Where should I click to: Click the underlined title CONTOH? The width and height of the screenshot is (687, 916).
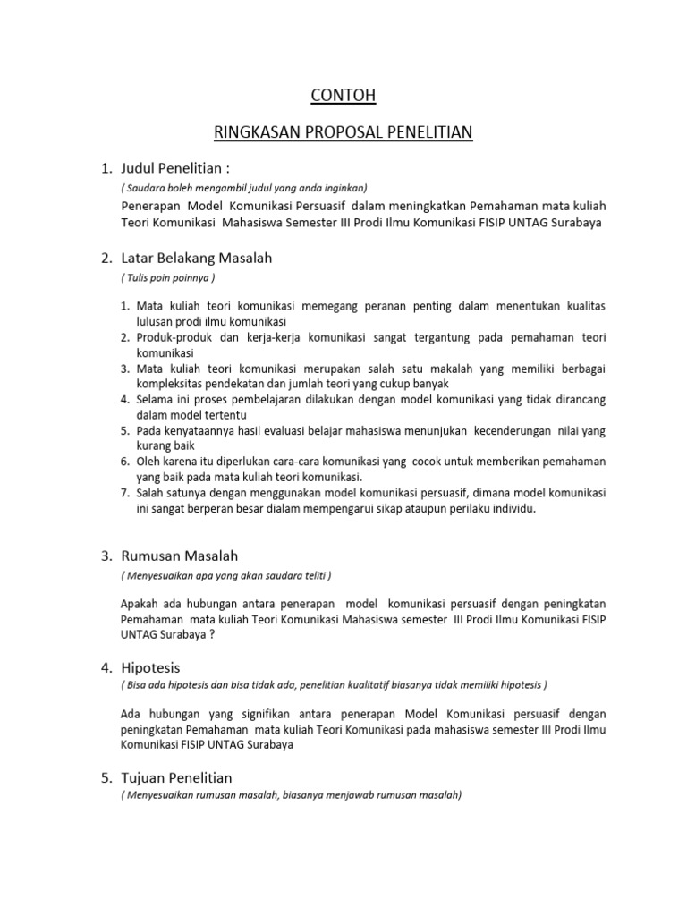(x=344, y=95)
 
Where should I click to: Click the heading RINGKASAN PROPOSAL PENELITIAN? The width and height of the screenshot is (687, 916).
(x=343, y=133)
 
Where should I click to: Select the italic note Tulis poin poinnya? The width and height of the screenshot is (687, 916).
(x=168, y=277)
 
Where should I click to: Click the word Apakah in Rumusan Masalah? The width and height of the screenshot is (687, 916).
(x=140, y=602)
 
